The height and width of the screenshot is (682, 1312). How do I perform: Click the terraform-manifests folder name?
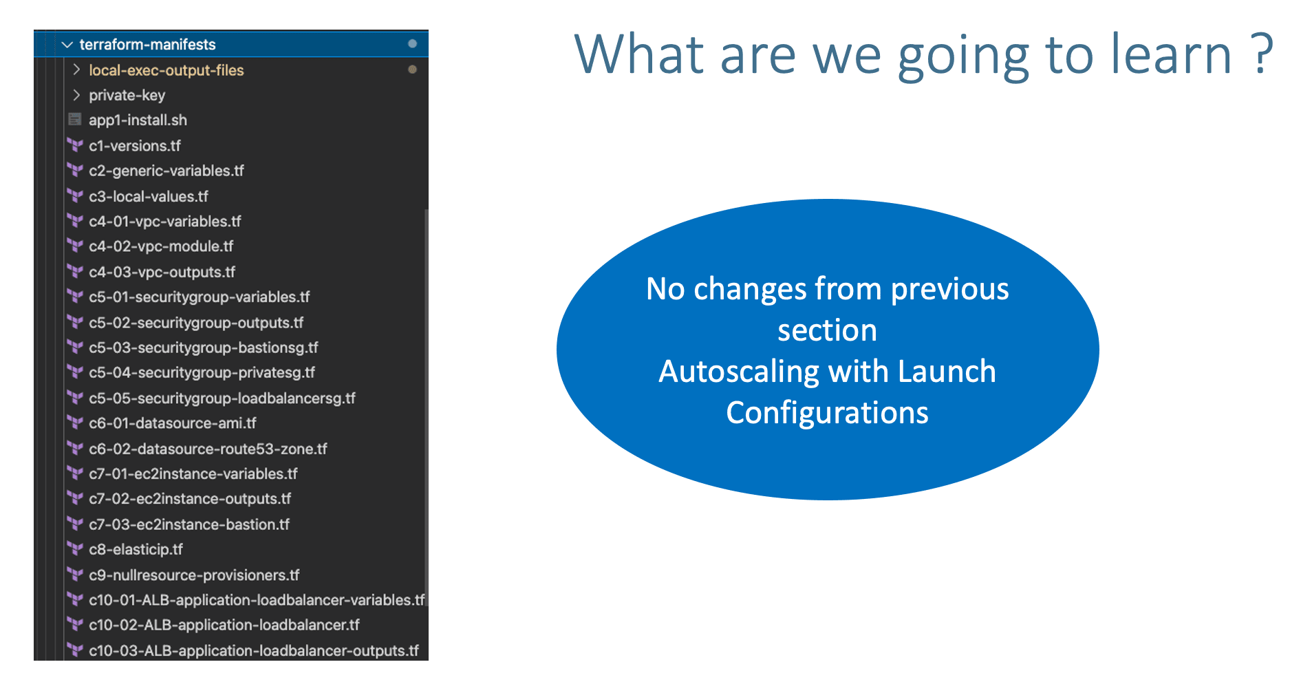147,45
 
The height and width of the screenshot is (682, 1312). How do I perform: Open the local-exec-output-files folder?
166,70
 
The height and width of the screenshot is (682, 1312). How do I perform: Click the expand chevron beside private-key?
76,95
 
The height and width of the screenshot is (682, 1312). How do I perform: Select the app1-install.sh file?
138,120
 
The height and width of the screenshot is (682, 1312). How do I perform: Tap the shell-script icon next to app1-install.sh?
75,120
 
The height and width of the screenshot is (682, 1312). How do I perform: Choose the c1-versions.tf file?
135,146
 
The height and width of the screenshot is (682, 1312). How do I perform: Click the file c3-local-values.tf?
149,197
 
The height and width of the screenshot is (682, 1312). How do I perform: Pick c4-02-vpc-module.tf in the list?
161,246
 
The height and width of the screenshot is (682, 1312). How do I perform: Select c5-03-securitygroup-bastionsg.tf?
203,348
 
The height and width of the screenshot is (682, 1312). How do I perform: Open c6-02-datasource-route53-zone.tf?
208,449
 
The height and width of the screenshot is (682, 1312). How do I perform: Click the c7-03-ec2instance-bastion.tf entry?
189,524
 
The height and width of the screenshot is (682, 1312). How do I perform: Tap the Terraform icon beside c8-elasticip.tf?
75,549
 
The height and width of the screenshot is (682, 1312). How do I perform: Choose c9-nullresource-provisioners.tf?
194,575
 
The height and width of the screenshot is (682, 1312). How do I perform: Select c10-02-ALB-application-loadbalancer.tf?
224,625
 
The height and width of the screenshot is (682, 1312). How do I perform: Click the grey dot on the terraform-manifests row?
412,44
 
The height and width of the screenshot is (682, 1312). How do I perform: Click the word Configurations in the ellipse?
827,413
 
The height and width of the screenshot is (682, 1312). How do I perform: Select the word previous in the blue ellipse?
949,289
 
